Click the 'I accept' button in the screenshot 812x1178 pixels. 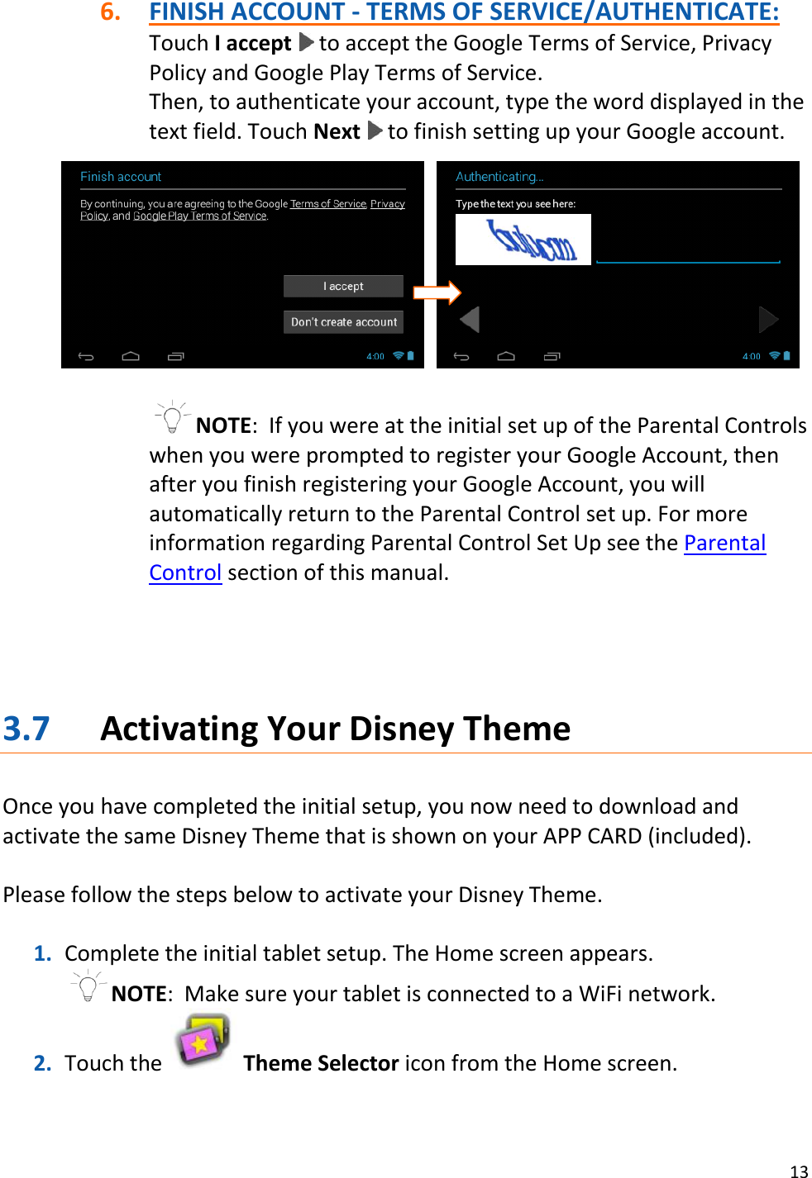[343, 286]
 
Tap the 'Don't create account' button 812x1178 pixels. [343, 321]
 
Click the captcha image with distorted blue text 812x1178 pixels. [523, 240]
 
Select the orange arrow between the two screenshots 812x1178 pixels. [437, 292]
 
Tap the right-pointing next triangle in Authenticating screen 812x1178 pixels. [768, 319]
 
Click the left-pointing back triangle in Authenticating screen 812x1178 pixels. [470, 319]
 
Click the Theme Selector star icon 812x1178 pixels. [203, 1042]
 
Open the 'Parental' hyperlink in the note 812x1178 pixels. [724, 543]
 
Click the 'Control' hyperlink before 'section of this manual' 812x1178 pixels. [185, 572]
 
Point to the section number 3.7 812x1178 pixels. [26, 729]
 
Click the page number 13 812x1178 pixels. [799, 1171]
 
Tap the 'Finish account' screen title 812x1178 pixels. [121, 177]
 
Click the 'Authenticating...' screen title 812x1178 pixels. [499, 177]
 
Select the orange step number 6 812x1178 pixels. [110, 12]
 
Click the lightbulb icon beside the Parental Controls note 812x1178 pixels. [172, 417]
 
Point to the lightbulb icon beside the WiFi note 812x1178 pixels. [88, 986]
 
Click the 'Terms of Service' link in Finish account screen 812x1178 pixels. [328, 204]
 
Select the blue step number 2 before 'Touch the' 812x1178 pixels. [42, 1063]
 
